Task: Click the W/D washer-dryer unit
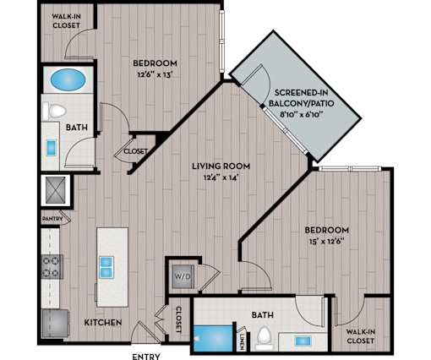183,276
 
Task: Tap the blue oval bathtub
68,79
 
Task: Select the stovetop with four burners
52,266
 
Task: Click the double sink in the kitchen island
106,267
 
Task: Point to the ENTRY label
146,357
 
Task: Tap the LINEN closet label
242,341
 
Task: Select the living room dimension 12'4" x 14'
221,177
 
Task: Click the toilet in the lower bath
264,336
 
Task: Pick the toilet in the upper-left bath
55,111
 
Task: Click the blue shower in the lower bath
213,339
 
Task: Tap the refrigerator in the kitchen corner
55,324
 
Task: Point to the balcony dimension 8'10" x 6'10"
301,114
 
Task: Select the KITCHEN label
103,323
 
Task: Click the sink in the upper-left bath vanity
52,147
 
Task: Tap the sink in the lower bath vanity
303,341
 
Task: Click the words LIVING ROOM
221,166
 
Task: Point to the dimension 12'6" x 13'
155,75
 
